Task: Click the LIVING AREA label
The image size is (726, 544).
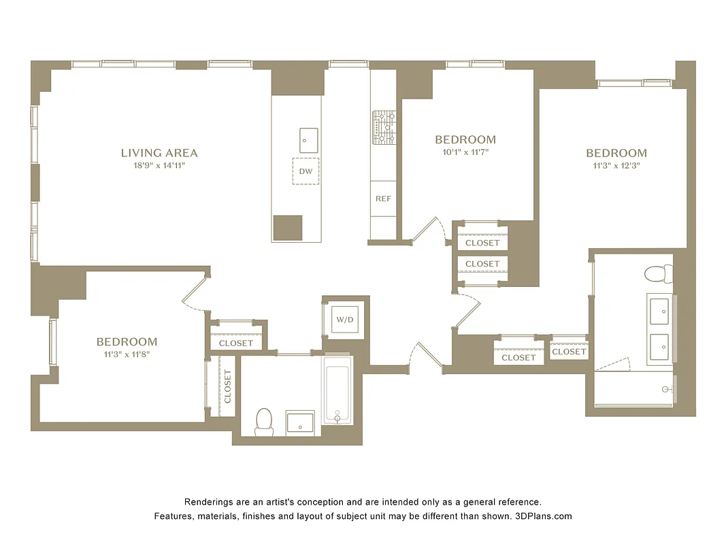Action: (x=159, y=153)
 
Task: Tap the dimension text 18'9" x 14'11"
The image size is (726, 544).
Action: (x=159, y=165)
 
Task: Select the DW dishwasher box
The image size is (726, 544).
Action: (x=306, y=171)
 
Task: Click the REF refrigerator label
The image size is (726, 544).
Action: (x=382, y=199)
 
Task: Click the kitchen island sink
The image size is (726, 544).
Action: (x=308, y=140)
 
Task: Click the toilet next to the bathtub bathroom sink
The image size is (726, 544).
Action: (x=263, y=422)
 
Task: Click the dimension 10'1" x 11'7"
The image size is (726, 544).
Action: (x=465, y=152)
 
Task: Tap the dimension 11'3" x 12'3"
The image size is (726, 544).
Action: (x=616, y=165)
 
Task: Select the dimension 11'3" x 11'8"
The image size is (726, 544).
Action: (x=127, y=354)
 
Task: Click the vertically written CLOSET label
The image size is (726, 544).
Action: (x=227, y=386)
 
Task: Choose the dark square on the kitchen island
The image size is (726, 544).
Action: (x=287, y=228)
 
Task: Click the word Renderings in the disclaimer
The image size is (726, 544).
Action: (x=208, y=502)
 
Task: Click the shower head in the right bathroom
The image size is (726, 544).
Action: (x=667, y=390)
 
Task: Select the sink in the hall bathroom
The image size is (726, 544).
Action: (x=299, y=423)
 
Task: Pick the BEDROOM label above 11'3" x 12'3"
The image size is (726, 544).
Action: (x=616, y=153)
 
